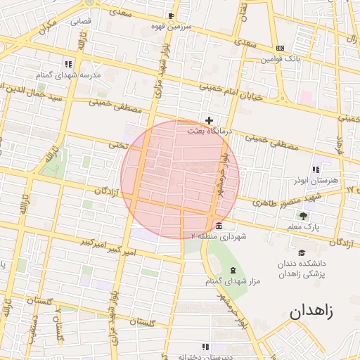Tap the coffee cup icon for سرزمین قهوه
172,15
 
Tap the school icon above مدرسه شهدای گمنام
68,63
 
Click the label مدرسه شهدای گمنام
68,75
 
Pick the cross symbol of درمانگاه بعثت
209,120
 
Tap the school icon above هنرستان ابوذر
316,169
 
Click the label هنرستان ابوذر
316,181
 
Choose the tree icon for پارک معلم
303,216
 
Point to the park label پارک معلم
303,227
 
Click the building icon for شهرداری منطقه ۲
219,226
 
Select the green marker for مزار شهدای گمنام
232,271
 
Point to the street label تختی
117,145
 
